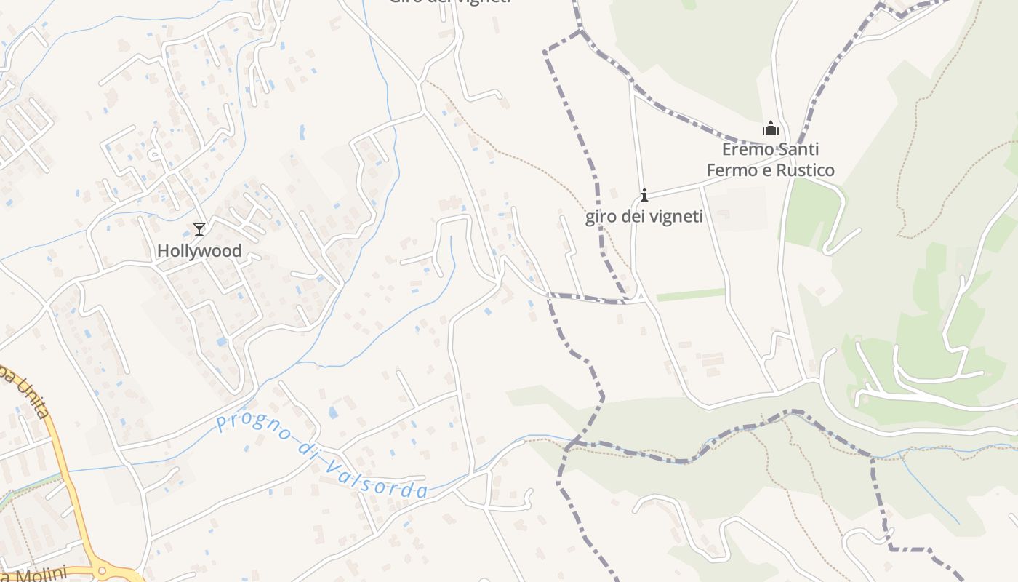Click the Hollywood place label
(199, 251)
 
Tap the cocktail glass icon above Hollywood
(199, 229)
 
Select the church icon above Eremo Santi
(771, 129)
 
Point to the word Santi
(798, 150)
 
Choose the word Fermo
(729, 171)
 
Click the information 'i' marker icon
(644, 195)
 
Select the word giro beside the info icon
(600, 217)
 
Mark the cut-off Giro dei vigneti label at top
(449, 2)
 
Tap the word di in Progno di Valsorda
(305, 447)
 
